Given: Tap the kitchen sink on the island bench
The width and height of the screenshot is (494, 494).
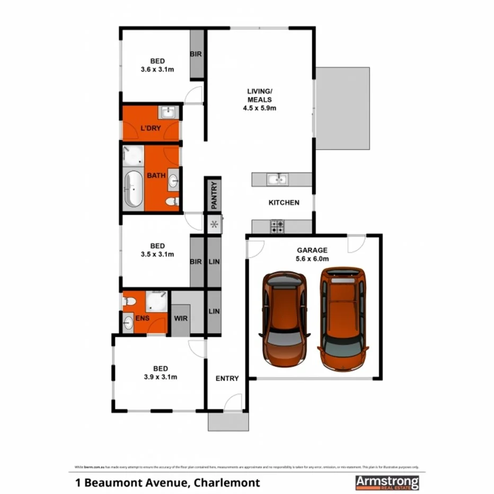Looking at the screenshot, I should [277, 180].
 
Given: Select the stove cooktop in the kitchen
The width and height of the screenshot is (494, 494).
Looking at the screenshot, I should [277, 227].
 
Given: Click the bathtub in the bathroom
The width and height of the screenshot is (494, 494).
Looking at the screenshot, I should [133, 189].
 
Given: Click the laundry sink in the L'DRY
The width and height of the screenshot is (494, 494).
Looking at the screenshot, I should [169, 112].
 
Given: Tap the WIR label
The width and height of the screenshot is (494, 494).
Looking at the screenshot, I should [180, 318].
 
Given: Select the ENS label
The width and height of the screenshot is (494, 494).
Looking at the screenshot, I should [142, 318].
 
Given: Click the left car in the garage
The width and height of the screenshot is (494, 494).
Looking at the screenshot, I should [285, 319].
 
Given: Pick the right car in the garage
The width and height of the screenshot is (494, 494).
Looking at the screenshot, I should [343, 319].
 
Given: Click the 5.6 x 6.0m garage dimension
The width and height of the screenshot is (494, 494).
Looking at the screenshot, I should [313, 259].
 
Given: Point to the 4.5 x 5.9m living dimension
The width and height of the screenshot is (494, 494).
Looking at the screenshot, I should [259, 108].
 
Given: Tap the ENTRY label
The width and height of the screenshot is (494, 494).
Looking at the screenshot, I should [227, 378].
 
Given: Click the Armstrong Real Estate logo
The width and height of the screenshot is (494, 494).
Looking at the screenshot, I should [387, 482].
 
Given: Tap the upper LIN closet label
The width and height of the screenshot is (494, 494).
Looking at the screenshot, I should [214, 262].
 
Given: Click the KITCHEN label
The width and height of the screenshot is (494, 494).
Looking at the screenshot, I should [284, 202].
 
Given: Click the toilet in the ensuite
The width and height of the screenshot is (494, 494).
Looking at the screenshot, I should [129, 302].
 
